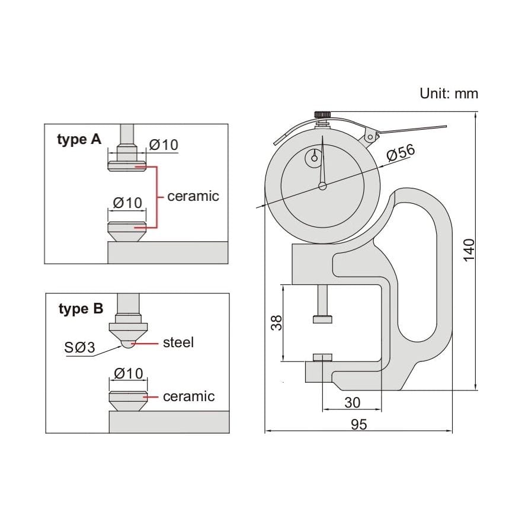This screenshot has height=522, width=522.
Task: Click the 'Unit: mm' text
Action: click(449, 93)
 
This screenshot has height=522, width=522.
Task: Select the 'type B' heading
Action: click(81, 309)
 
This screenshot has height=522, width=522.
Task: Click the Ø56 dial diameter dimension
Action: click(401, 153)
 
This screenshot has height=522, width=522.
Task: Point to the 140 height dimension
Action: click(468, 251)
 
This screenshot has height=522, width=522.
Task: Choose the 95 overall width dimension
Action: click(358, 424)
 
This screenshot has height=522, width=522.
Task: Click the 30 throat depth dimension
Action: click(352, 403)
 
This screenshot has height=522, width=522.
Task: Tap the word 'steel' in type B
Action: click(178, 342)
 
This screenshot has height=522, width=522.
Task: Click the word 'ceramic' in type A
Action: click(193, 196)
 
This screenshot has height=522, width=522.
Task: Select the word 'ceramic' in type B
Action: click(188, 396)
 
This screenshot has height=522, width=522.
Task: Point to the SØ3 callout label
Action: click(79, 347)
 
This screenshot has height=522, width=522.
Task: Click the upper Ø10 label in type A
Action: click(164, 145)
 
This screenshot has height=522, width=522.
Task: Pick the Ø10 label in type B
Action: click(127, 373)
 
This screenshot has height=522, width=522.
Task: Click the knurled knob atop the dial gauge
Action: click(322, 114)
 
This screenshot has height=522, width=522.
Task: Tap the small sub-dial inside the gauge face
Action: click(313, 158)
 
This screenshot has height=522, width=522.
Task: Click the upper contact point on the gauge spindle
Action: click(322, 319)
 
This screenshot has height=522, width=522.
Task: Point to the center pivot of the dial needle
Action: click(322, 186)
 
